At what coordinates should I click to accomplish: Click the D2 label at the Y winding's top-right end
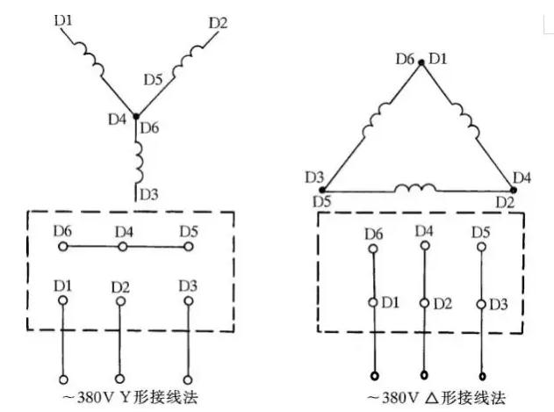[219, 20]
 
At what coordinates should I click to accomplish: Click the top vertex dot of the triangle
[421, 61]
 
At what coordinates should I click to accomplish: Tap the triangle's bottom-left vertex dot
[322, 189]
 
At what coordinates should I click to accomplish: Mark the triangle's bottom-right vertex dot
[514, 189]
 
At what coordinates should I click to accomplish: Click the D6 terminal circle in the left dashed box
[61, 248]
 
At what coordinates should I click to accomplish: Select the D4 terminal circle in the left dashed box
[123, 248]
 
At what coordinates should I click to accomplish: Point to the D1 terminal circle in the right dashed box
[373, 303]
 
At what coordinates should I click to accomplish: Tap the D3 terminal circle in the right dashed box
[481, 303]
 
